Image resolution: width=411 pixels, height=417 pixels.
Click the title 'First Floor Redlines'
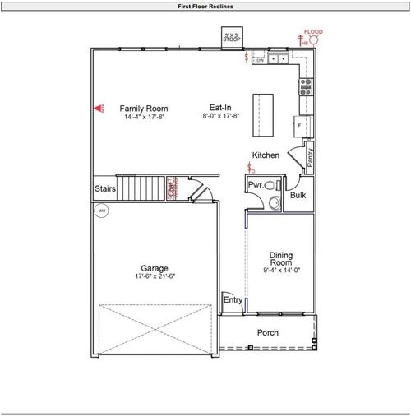[205, 6]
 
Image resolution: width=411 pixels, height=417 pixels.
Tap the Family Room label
[144, 108]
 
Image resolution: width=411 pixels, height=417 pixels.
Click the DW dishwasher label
[259, 60]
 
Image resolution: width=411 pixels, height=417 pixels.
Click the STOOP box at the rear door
[232, 39]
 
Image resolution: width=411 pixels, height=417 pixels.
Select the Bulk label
[298, 195]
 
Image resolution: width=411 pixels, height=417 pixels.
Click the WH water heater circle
[102, 211]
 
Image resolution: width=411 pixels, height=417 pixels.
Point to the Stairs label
[104, 188]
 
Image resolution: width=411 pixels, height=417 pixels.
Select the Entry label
[233, 300]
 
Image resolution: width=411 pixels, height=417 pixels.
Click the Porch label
[267, 332]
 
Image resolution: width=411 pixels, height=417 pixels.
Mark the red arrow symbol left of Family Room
[102, 108]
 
